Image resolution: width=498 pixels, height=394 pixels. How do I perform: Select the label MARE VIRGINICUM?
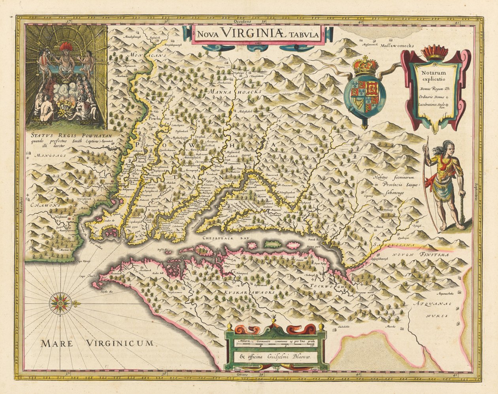click(96, 343)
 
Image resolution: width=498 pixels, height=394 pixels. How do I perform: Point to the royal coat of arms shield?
click(362, 94)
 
